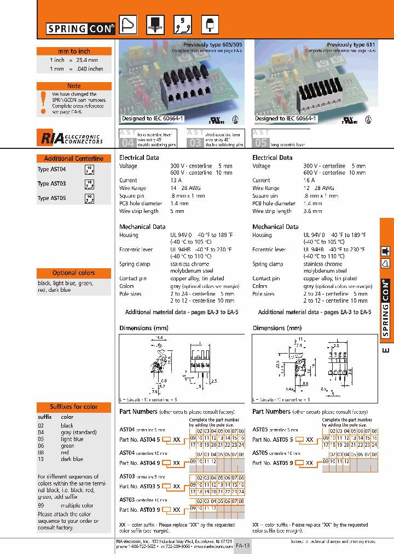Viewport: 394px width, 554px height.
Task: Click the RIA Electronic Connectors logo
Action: [71, 138]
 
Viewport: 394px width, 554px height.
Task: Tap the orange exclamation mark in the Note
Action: [43, 102]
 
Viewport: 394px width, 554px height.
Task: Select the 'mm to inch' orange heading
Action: [74, 51]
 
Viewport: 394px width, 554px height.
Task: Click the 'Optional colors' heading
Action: [74, 273]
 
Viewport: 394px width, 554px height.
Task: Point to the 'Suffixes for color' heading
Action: [74, 407]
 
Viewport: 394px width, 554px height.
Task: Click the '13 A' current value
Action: [176, 180]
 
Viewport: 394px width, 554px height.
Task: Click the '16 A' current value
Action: [309, 180]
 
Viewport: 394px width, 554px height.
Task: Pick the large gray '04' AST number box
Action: [127, 143]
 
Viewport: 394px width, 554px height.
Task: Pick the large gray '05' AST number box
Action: [260, 143]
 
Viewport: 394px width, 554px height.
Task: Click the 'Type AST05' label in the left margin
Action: [51, 198]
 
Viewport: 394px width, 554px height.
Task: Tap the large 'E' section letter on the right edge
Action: [386, 350]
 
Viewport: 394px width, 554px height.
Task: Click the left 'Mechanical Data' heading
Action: [142, 227]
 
